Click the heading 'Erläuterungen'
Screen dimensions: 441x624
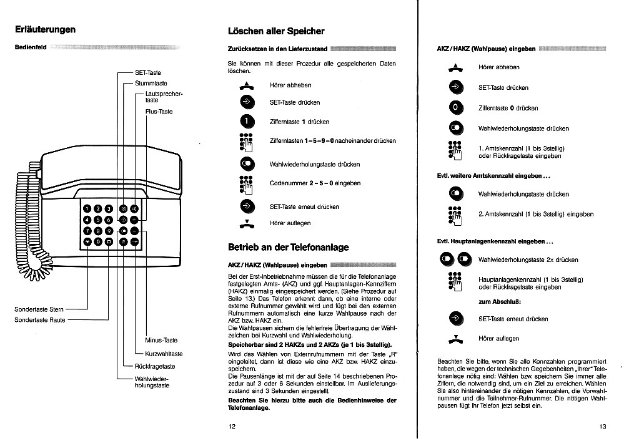45,29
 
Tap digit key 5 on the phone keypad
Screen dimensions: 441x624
98,220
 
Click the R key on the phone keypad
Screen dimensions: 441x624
124,241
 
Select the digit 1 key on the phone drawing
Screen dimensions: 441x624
87,208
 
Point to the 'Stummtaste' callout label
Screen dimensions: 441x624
151,83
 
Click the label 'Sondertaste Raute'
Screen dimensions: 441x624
39,320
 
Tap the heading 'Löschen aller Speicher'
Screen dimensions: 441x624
276,31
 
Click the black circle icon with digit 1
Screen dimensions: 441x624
247,122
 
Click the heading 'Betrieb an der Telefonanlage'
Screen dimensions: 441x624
289,248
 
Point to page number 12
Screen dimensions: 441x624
232,427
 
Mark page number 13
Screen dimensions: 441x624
602,427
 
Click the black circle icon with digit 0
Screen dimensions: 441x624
457,108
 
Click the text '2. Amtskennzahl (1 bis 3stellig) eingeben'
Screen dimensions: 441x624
536,214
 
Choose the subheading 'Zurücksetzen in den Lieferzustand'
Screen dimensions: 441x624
277,49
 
